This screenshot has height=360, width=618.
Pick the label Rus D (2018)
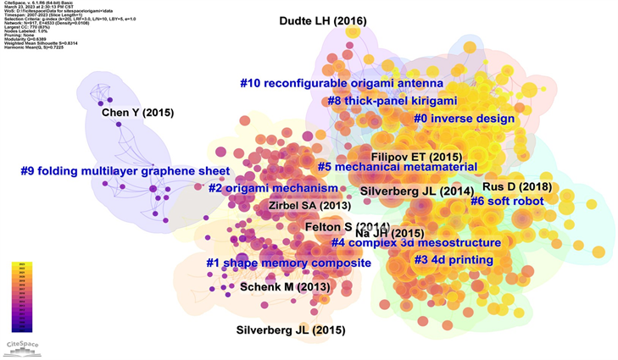coord(517,186)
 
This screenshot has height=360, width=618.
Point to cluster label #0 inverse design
coord(464,119)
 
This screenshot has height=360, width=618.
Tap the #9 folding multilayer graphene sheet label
coord(125,171)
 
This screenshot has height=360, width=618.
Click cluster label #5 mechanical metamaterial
coord(397,168)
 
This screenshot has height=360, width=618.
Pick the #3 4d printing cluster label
coord(454,258)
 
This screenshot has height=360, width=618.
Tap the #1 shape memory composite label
coord(288,263)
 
